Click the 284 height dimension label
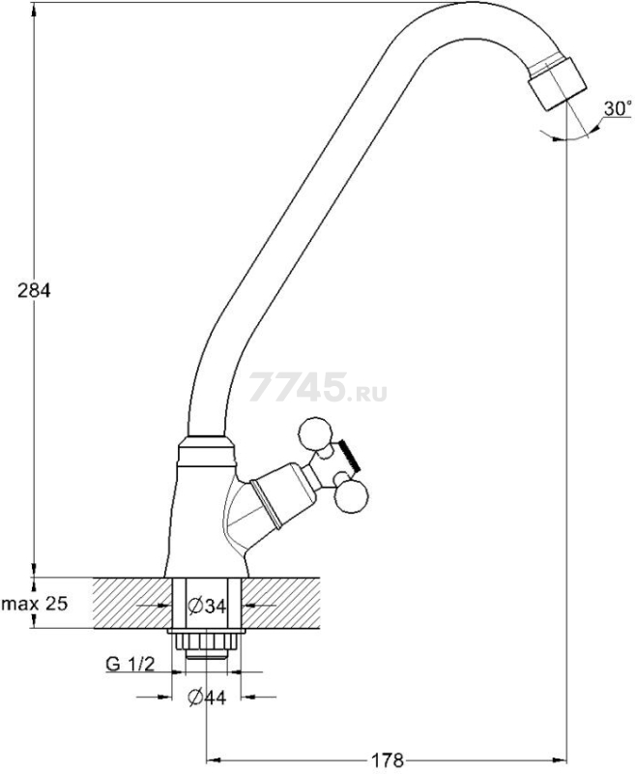click(34, 291)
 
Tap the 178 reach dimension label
click(387, 760)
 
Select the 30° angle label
click(618, 108)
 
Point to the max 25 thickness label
click(34, 603)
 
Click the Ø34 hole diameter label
click(207, 606)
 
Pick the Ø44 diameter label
click(207, 698)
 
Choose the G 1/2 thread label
click(130, 664)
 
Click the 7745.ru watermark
click(318, 388)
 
